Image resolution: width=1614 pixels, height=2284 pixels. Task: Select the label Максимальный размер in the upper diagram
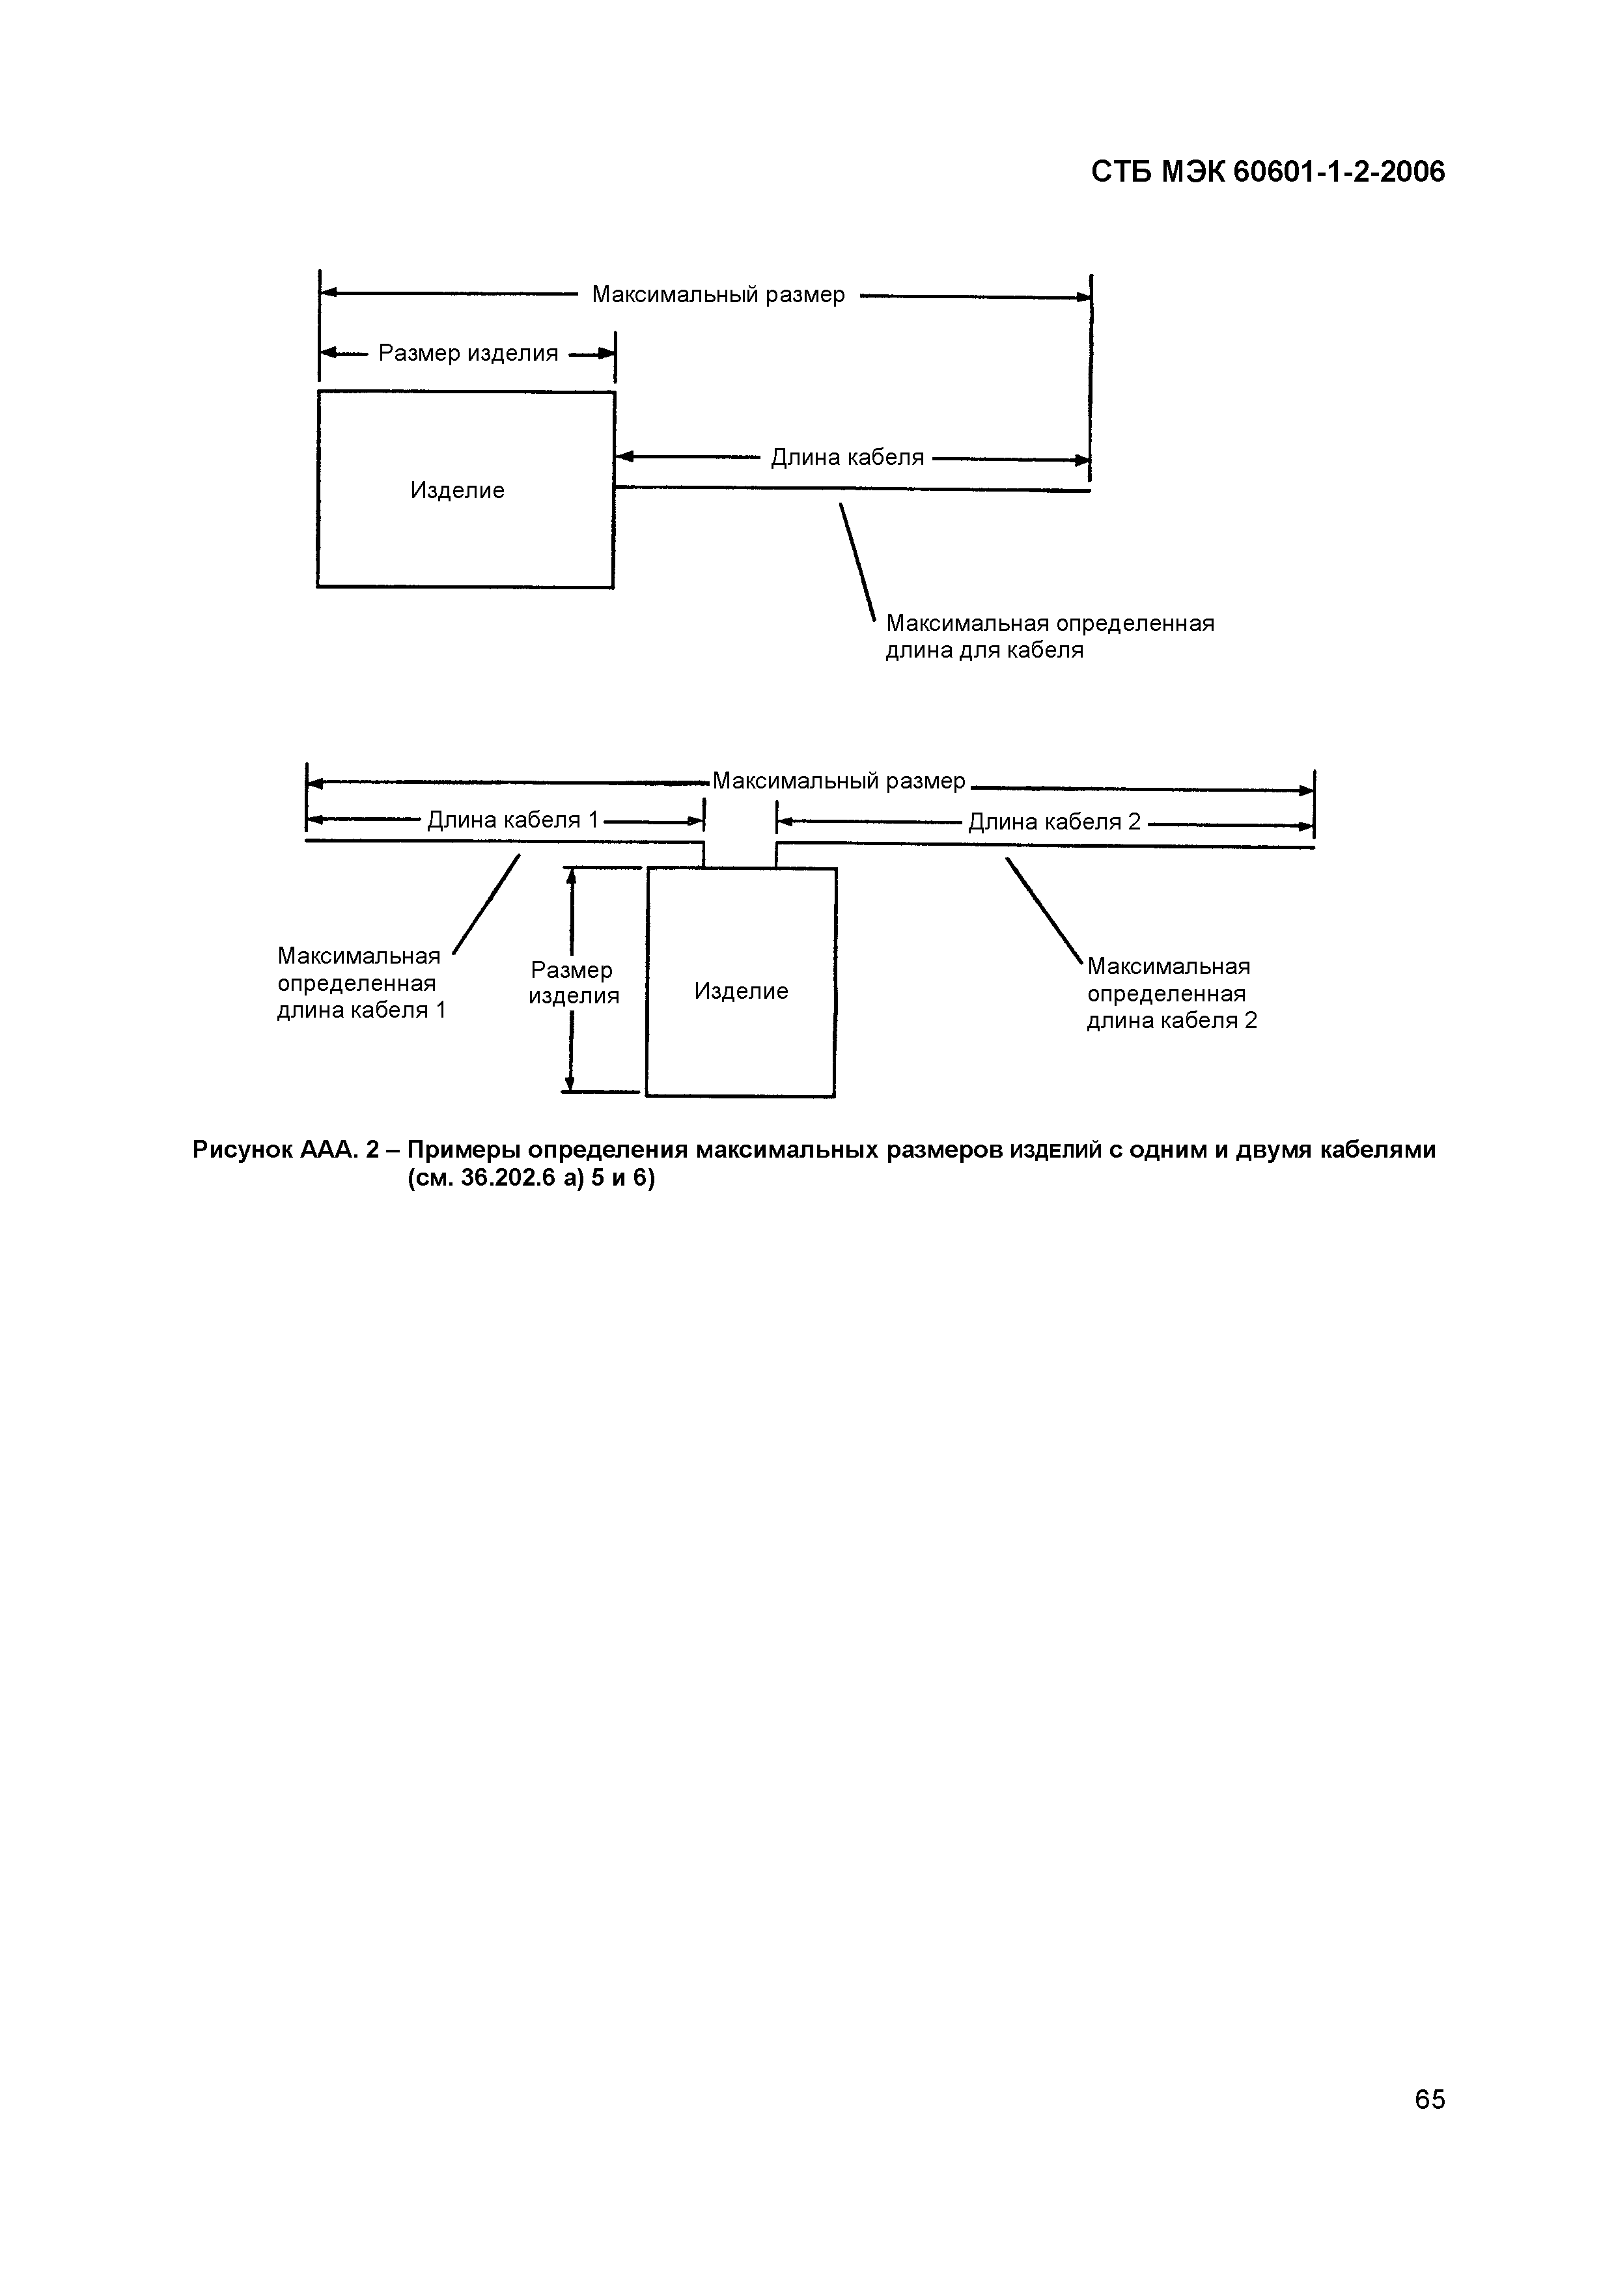[718, 294]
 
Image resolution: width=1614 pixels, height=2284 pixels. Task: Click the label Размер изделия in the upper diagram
[468, 353]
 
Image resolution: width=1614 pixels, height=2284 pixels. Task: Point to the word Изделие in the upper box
[458, 490]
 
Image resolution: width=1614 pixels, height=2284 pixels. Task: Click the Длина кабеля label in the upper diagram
[847, 458]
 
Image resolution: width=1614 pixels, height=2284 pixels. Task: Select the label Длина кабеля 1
[513, 820]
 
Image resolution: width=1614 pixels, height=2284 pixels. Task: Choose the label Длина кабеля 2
[1054, 822]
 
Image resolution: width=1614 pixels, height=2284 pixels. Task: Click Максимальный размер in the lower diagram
[839, 781]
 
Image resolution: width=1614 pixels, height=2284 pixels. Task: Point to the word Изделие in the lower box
[741, 991]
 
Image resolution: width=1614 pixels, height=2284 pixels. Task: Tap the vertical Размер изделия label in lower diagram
[573, 983]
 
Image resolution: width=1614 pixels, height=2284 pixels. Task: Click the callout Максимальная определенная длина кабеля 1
[361, 983]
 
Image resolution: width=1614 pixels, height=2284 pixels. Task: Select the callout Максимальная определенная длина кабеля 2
[1171, 993]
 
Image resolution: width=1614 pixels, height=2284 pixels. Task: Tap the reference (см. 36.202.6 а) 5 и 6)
[531, 1180]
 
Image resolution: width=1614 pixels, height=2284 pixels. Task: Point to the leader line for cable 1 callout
[486, 903]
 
